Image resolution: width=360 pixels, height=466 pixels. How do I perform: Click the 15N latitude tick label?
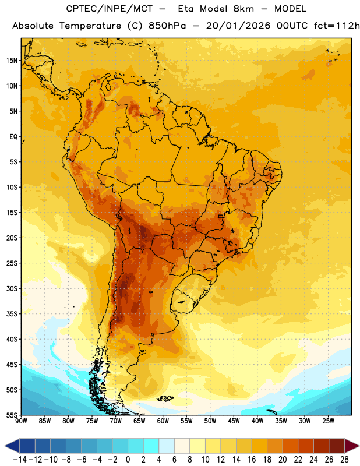[12, 61]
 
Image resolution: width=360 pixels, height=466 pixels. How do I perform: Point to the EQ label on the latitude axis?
[13, 137]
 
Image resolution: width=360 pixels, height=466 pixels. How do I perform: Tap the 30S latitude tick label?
[12, 288]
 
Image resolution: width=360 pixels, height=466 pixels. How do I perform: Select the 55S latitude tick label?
[12, 415]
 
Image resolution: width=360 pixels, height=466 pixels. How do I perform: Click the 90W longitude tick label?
[21, 421]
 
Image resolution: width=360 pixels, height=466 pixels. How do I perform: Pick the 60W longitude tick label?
[163, 421]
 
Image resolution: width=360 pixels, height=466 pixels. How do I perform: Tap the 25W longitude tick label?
[328, 421]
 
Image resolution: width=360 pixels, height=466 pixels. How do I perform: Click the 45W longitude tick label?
[234, 421]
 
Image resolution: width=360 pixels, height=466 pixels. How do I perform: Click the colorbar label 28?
[344, 460]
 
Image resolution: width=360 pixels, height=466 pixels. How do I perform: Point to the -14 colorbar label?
[20, 460]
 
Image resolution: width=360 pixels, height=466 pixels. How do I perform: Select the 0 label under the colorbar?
[128, 460]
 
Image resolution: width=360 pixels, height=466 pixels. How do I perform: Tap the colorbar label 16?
[252, 460]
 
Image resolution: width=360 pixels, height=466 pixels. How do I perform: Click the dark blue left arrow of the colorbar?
[12, 446]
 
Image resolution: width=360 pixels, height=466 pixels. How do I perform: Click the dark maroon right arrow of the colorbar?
[352, 446]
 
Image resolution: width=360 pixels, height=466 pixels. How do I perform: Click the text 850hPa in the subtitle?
[167, 26]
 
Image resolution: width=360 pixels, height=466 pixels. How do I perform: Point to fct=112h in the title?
[337, 26]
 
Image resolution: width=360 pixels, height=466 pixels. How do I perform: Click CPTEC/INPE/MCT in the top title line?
[110, 9]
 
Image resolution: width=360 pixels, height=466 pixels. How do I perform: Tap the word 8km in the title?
[243, 9]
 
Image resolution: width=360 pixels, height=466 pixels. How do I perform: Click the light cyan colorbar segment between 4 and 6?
[167, 446]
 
